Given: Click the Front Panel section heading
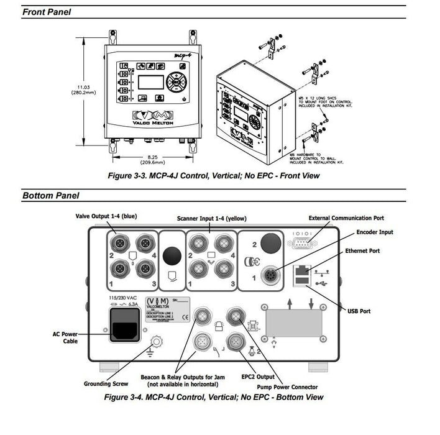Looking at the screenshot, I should [47, 12].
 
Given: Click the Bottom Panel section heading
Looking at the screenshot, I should [51, 196].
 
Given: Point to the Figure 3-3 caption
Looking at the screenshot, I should [214, 176].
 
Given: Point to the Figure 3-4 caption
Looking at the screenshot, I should [214, 396].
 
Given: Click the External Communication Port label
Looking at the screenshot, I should [347, 218].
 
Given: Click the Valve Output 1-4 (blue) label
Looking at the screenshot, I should [106, 216].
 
